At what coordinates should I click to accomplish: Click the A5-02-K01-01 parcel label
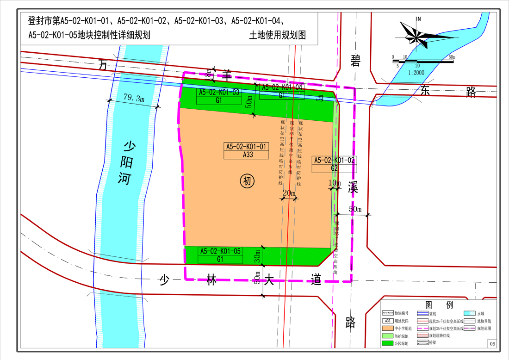tap(247, 147)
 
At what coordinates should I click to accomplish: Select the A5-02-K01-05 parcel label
tap(220, 251)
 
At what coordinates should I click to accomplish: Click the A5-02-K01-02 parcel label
tap(335, 160)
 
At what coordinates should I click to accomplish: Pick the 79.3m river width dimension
tap(134, 98)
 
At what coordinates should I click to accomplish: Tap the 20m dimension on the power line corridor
tap(289, 193)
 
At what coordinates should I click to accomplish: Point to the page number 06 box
tap(491, 343)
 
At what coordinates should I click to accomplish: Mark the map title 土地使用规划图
tap(278, 35)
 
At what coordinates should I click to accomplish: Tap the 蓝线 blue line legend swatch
tap(423, 313)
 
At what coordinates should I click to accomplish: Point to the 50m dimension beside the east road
tap(355, 209)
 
